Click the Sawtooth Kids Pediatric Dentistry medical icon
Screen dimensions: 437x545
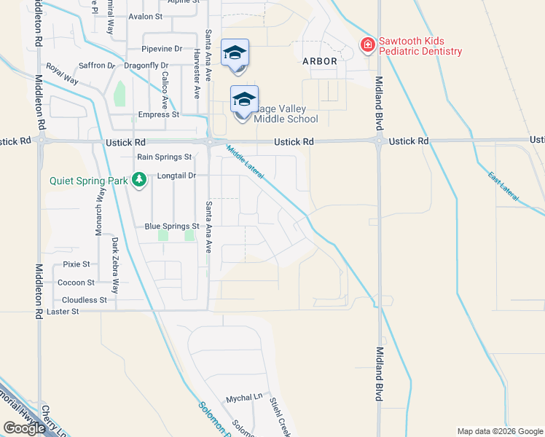click(368, 46)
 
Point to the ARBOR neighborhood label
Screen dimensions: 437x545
click(320, 61)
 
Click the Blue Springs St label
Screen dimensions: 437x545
click(172, 227)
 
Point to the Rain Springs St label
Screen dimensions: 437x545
click(165, 157)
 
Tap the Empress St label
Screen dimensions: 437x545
click(159, 114)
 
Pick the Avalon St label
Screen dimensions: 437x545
click(145, 16)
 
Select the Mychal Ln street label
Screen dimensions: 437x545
click(243, 398)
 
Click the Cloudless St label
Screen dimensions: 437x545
click(85, 299)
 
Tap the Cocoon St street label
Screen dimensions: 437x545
click(76, 282)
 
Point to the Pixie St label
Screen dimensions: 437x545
click(76, 264)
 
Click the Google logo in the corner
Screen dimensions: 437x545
click(24, 428)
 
